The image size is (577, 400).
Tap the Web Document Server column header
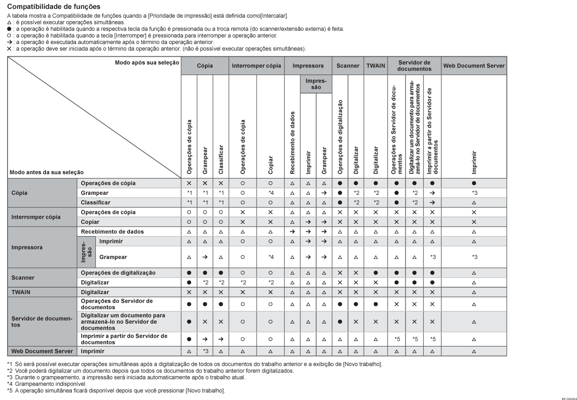pyautogui.click(x=474, y=66)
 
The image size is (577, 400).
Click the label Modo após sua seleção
pyautogui.click(x=147, y=62)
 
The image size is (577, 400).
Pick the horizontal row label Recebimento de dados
pyautogui.click(x=112, y=232)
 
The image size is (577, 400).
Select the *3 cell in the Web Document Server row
pyautogui.click(x=205, y=351)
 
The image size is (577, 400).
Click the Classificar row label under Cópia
pyautogui.click(x=96, y=202)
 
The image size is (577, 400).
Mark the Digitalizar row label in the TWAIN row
pyautogui.click(x=95, y=291)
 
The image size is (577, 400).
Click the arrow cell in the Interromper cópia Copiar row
pyautogui.click(x=308, y=222)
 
